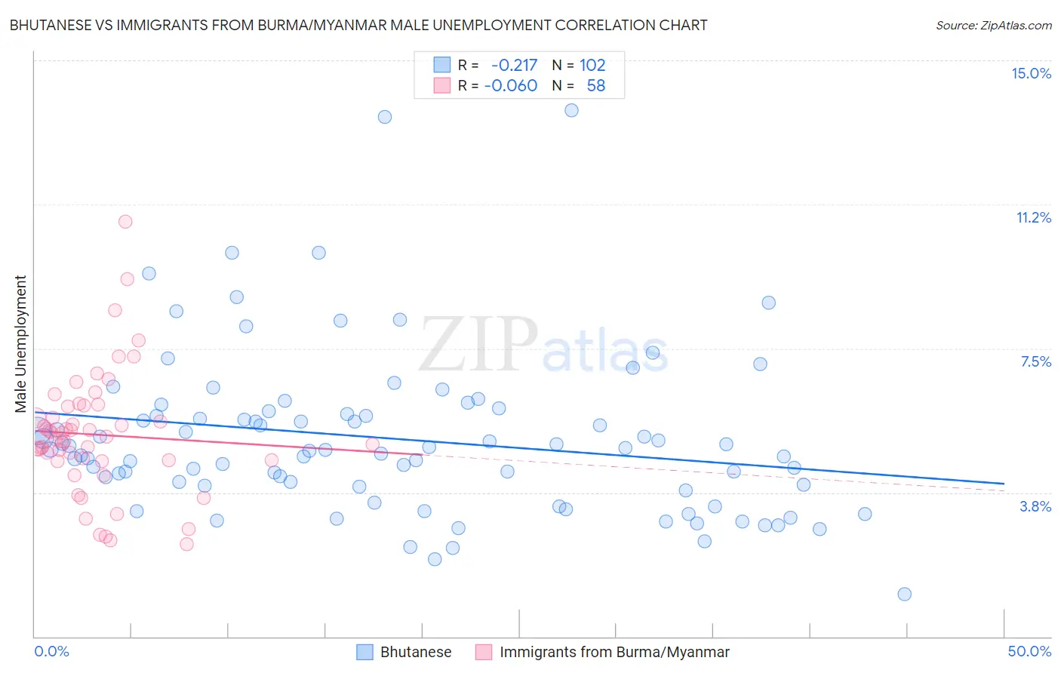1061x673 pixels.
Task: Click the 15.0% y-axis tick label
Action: pyautogui.click(x=1031, y=73)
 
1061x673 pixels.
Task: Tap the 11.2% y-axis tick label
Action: pyautogui.click(x=1033, y=217)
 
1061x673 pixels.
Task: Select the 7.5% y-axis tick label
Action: pyautogui.click(x=1035, y=361)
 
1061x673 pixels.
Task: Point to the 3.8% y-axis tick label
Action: pyautogui.click(x=1035, y=506)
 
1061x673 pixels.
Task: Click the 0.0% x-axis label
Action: pyautogui.click(x=51, y=651)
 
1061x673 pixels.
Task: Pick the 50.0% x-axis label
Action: pyautogui.click(x=1029, y=651)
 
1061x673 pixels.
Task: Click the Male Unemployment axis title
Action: pyautogui.click(x=20, y=344)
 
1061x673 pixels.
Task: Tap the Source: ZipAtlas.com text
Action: pyautogui.click(x=993, y=25)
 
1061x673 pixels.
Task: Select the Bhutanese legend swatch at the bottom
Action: pyautogui.click(x=365, y=652)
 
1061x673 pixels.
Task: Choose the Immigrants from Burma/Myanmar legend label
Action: pyautogui.click(x=614, y=652)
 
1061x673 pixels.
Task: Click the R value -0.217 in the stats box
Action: pyautogui.click(x=514, y=65)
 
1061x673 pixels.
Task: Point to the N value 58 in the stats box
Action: pyautogui.click(x=595, y=86)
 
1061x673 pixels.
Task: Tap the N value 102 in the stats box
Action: pyautogui.click(x=592, y=65)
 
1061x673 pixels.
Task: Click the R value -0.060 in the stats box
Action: pyautogui.click(x=511, y=86)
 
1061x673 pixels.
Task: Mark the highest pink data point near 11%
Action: pyautogui.click(x=125, y=221)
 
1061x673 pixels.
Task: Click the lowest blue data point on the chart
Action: pyautogui.click(x=904, y=594)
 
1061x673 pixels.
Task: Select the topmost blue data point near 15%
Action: pyautogui.click(x=571, y=110)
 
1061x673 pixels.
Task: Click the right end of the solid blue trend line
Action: pyautogui.click(x=1004, y=483)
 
